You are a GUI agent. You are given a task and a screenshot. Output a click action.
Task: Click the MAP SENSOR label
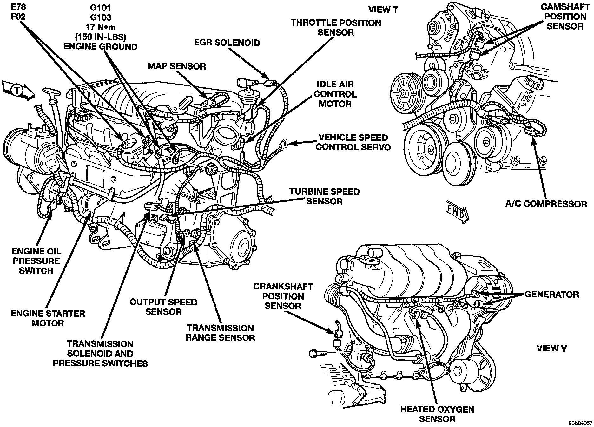click(x=177, y=66)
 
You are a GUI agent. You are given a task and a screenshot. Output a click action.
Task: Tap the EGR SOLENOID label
click(x=228, y=43)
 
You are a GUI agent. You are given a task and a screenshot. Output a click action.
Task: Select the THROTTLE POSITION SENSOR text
click(x=336, y=28)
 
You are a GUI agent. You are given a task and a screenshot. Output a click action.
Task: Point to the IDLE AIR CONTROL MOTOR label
click(x=335, y=94)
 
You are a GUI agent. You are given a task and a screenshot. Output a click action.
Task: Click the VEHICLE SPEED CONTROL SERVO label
click(x=353, y=142)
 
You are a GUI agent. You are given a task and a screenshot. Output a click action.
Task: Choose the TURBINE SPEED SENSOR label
click(x=324, y=196)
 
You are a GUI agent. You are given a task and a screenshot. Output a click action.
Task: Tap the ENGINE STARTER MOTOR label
click(x=48, y=318)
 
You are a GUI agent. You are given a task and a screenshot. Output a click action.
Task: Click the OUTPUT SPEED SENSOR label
click(x=163, y=307)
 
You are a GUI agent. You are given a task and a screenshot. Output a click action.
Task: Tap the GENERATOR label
click(x=552, y=294)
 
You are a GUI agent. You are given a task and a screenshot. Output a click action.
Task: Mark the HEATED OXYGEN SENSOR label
click(x=437, y=414)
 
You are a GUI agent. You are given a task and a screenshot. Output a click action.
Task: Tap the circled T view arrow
click(x=17, y=91)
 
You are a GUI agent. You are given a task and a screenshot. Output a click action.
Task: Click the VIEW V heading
click(x=551, y=348)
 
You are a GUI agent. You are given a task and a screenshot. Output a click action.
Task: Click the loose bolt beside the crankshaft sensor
click(x=317, y=353)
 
